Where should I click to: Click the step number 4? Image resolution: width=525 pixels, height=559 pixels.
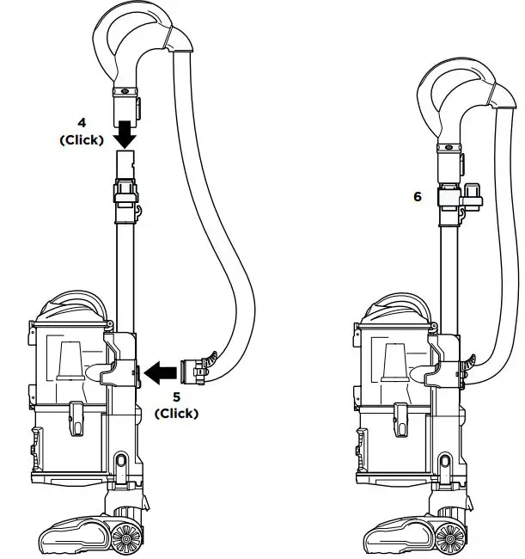tap(82, 123)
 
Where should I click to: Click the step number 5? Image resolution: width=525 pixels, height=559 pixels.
tap(177, 396)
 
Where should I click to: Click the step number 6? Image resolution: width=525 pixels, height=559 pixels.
tap(418, 196)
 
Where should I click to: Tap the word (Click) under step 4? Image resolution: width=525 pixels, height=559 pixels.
tap(82, 139)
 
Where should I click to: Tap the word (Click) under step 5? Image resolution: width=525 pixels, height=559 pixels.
tap(177, 414)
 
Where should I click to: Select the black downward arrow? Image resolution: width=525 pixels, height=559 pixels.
tap(125, 134)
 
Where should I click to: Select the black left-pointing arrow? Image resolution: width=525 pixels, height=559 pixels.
tap(161, 373)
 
